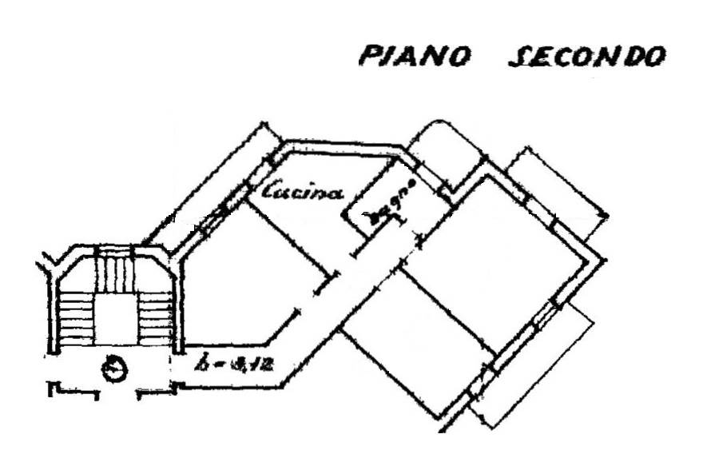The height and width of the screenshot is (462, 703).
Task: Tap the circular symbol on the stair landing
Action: pyautogui.click(x=117, y=369)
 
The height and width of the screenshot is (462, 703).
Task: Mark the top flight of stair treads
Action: pyautogui.click(x=117, y=272)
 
